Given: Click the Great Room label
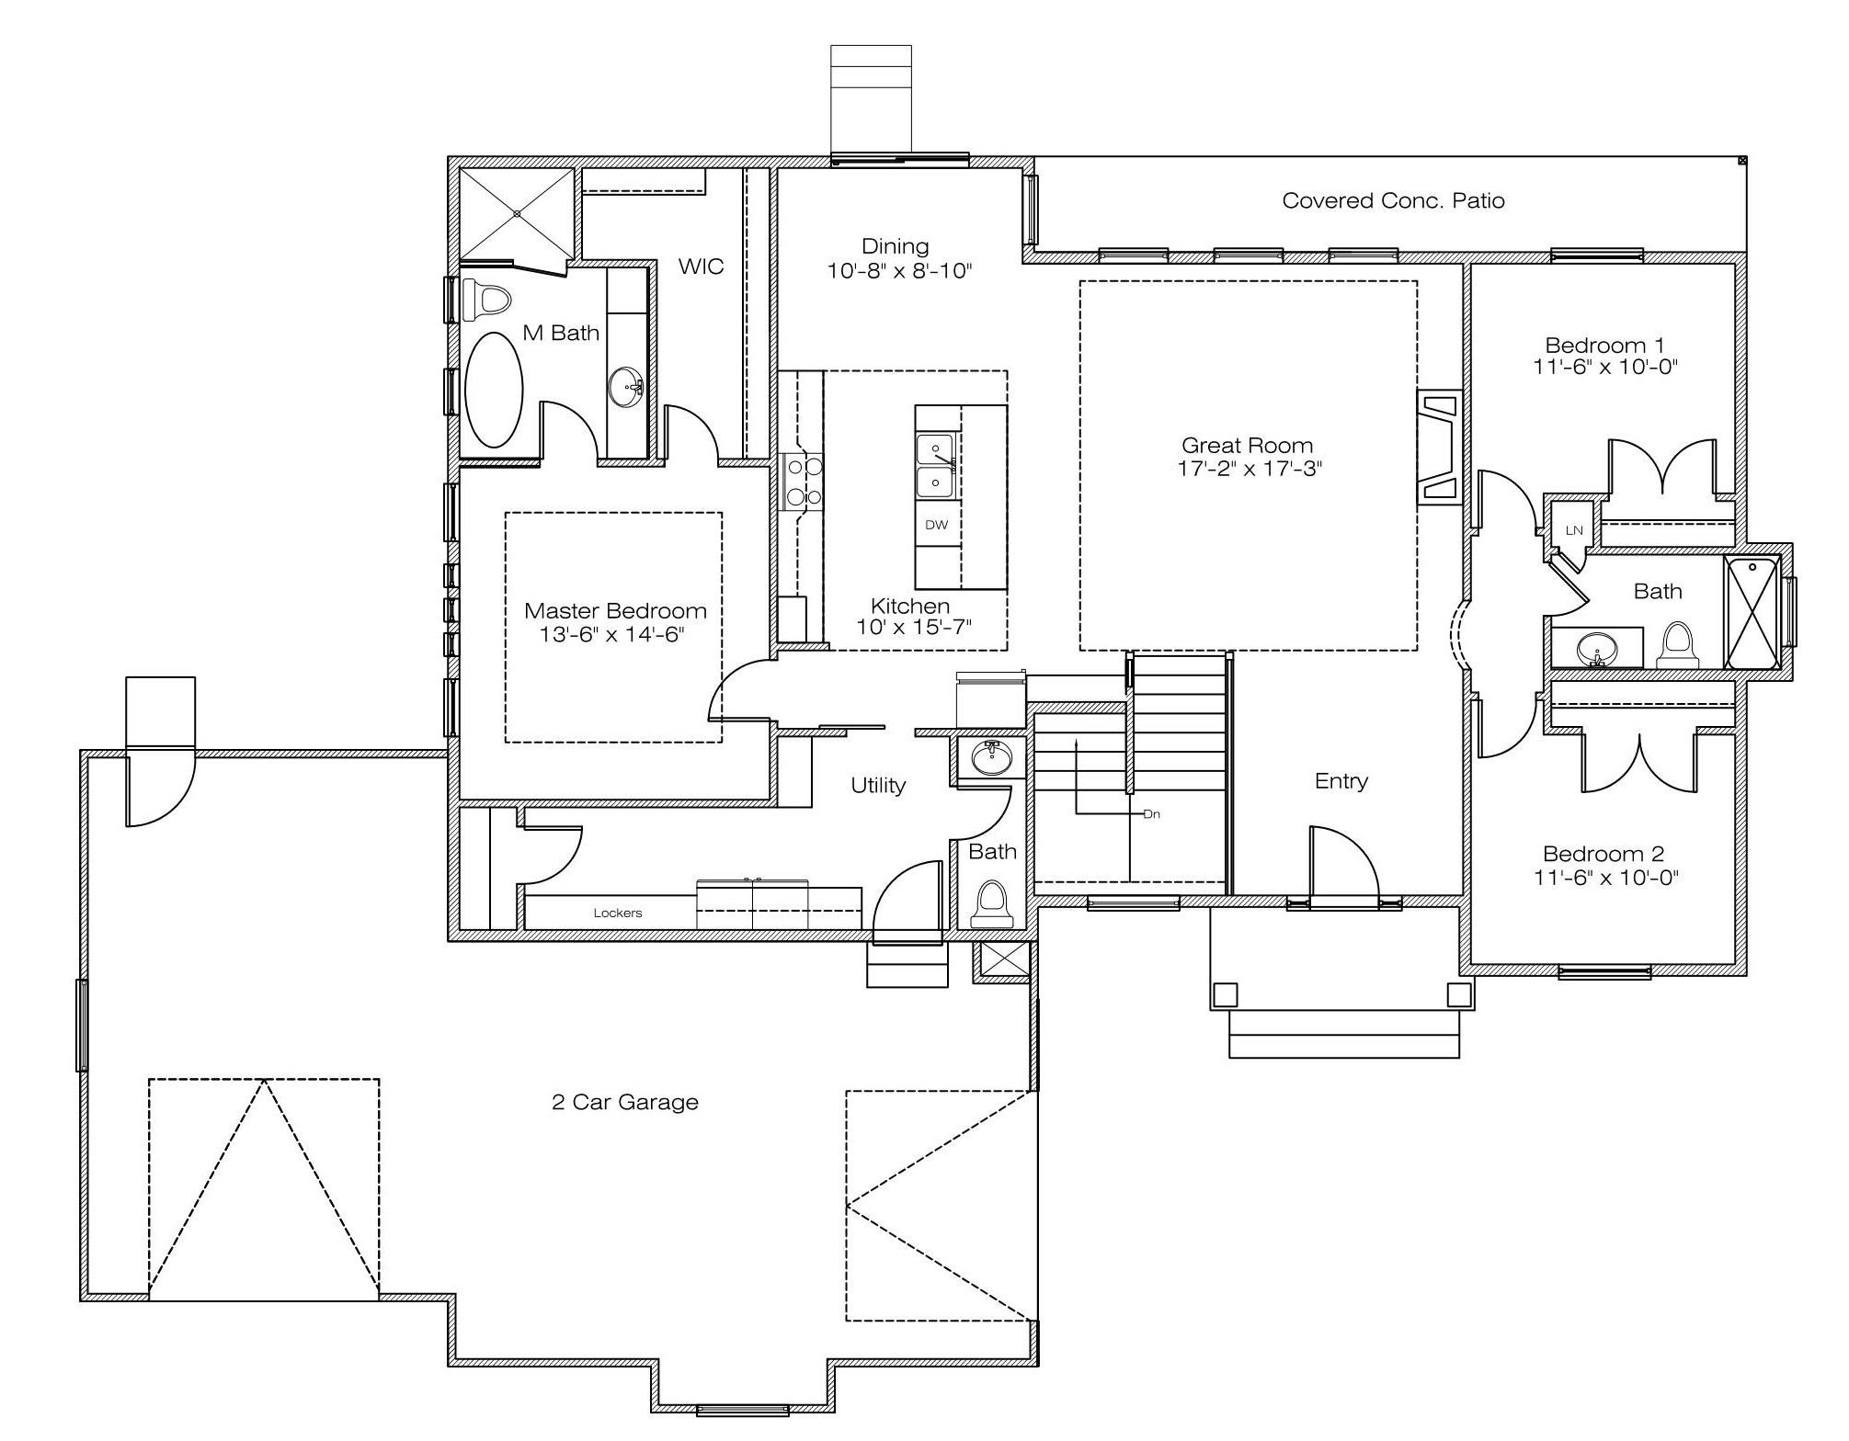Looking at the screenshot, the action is tap(1247, 446).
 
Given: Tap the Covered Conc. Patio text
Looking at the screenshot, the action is tap(1393, 200).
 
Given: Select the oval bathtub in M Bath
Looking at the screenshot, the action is tap(494, 390).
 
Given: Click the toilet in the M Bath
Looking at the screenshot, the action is tap(486, 299).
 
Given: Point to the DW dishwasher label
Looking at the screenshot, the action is tap(936, 525).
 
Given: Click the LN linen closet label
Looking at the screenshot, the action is tap(1574, 530).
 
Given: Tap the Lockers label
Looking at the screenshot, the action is tap(618, 913).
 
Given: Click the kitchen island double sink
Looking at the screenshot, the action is tap(936, 465).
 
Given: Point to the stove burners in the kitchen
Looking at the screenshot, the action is tap(802, 481).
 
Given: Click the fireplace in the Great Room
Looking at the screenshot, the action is tap(1440, 448).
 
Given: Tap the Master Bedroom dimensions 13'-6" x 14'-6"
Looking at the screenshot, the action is tap(612, 634).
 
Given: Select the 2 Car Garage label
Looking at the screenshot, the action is tap(625, 1102).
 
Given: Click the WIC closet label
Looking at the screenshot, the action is tap(701, 267).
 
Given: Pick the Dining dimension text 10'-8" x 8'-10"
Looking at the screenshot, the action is tap(899, 270).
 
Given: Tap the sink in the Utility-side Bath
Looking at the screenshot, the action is tap(991, 758).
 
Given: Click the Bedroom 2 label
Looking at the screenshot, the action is tap(1604, 854).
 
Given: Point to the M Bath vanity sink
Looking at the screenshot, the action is tap(627, 387).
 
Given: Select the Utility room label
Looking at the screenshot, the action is tap(878, 785).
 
